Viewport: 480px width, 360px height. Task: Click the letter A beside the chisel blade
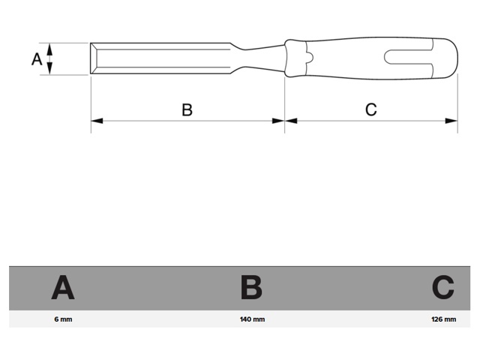click(37, 59)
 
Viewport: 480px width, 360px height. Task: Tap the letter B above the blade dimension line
click(187, 109)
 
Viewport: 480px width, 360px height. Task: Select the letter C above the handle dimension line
click(371, 109)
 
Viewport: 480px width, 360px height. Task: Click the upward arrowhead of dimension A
click(50, 49)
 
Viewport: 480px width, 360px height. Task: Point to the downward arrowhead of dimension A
click(50, 68)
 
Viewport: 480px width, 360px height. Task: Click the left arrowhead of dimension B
click(97, 121)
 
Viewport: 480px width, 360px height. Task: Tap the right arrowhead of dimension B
click(278, 121)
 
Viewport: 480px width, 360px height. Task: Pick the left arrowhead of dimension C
click(291, 121)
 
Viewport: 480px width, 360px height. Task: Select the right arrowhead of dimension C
click(451, 121)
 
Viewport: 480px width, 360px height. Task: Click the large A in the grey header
click(63, 287)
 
